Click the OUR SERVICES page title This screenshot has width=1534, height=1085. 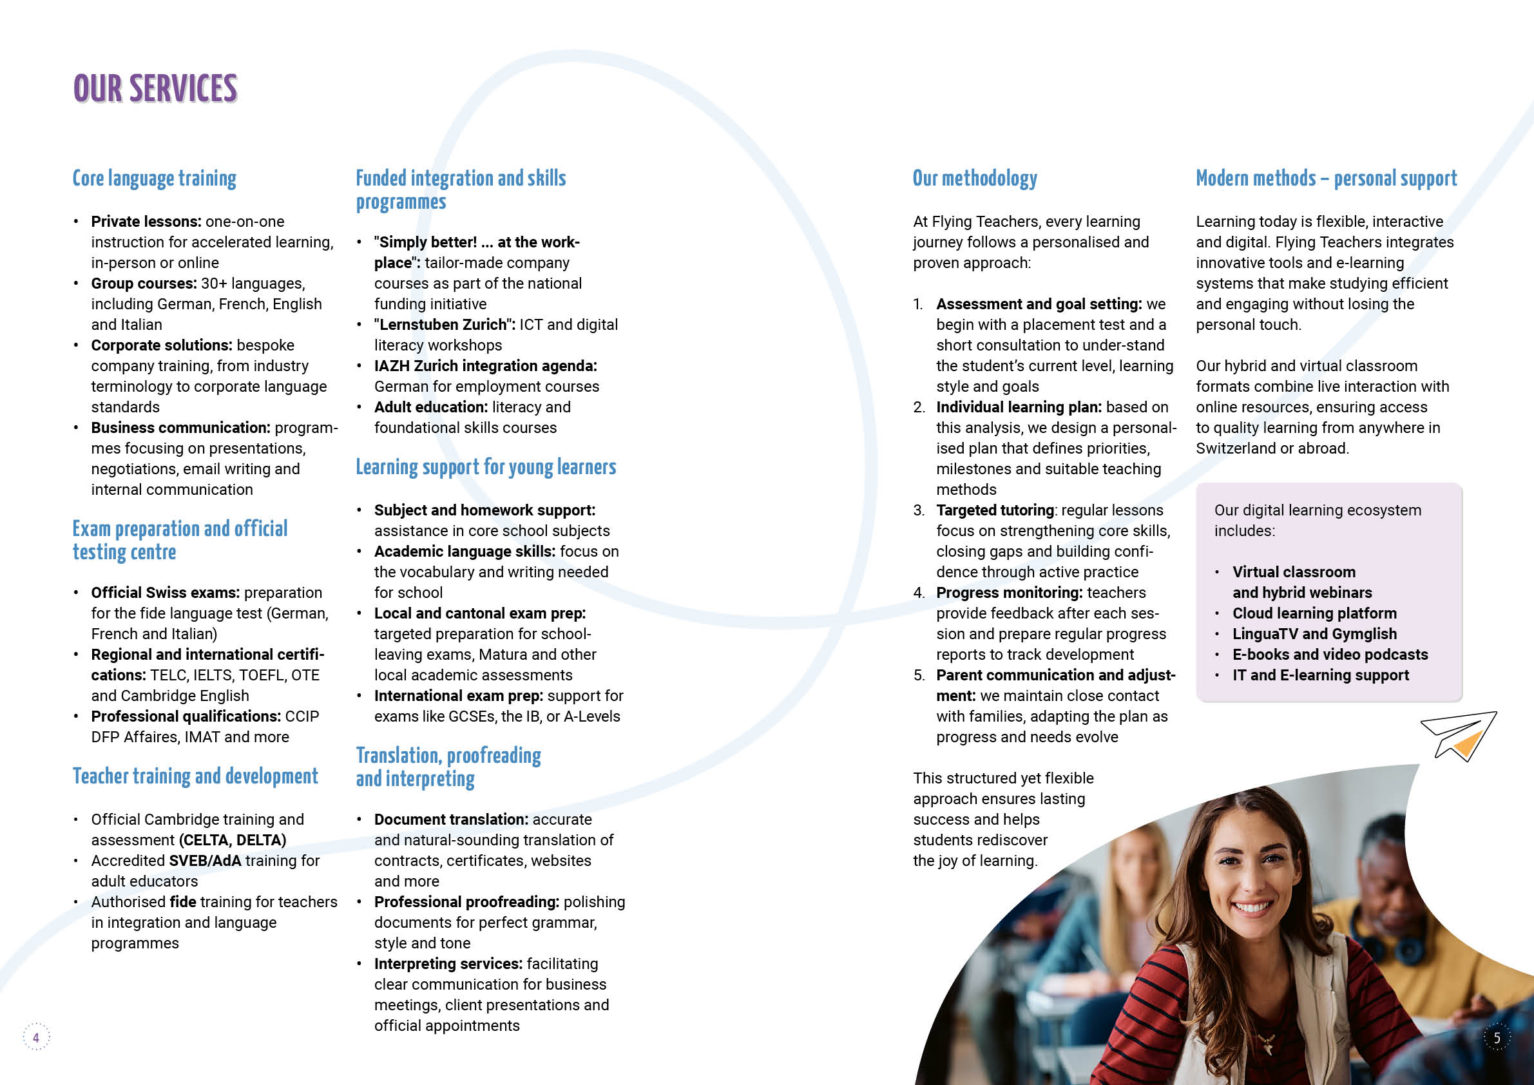point(155,89)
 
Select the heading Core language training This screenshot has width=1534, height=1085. point(155,178)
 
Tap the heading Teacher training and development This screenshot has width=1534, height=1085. point(195,776)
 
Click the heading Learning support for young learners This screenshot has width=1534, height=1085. point(486,467)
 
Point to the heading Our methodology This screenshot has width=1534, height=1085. point(975,178)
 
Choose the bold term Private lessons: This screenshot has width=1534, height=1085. point(146,222)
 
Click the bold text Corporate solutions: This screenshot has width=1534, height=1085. point(162,345)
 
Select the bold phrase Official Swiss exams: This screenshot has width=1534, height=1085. point(165,593)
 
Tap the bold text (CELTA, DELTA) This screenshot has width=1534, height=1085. point(233,840)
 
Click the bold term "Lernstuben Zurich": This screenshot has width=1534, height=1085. point(445,325)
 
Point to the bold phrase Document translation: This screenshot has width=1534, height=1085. point(451,820)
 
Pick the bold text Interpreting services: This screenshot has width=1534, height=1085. point(448,964)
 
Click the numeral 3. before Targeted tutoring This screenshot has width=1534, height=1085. point(919,510)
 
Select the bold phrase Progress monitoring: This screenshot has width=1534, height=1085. point(1009,593)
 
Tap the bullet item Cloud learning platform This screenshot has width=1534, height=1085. point(1314,613)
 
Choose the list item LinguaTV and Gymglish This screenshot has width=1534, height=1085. point(1314,634)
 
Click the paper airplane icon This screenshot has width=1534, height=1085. point(1459,736)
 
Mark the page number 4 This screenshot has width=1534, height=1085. point(36,1037)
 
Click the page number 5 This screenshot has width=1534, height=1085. point(1497,1037)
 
